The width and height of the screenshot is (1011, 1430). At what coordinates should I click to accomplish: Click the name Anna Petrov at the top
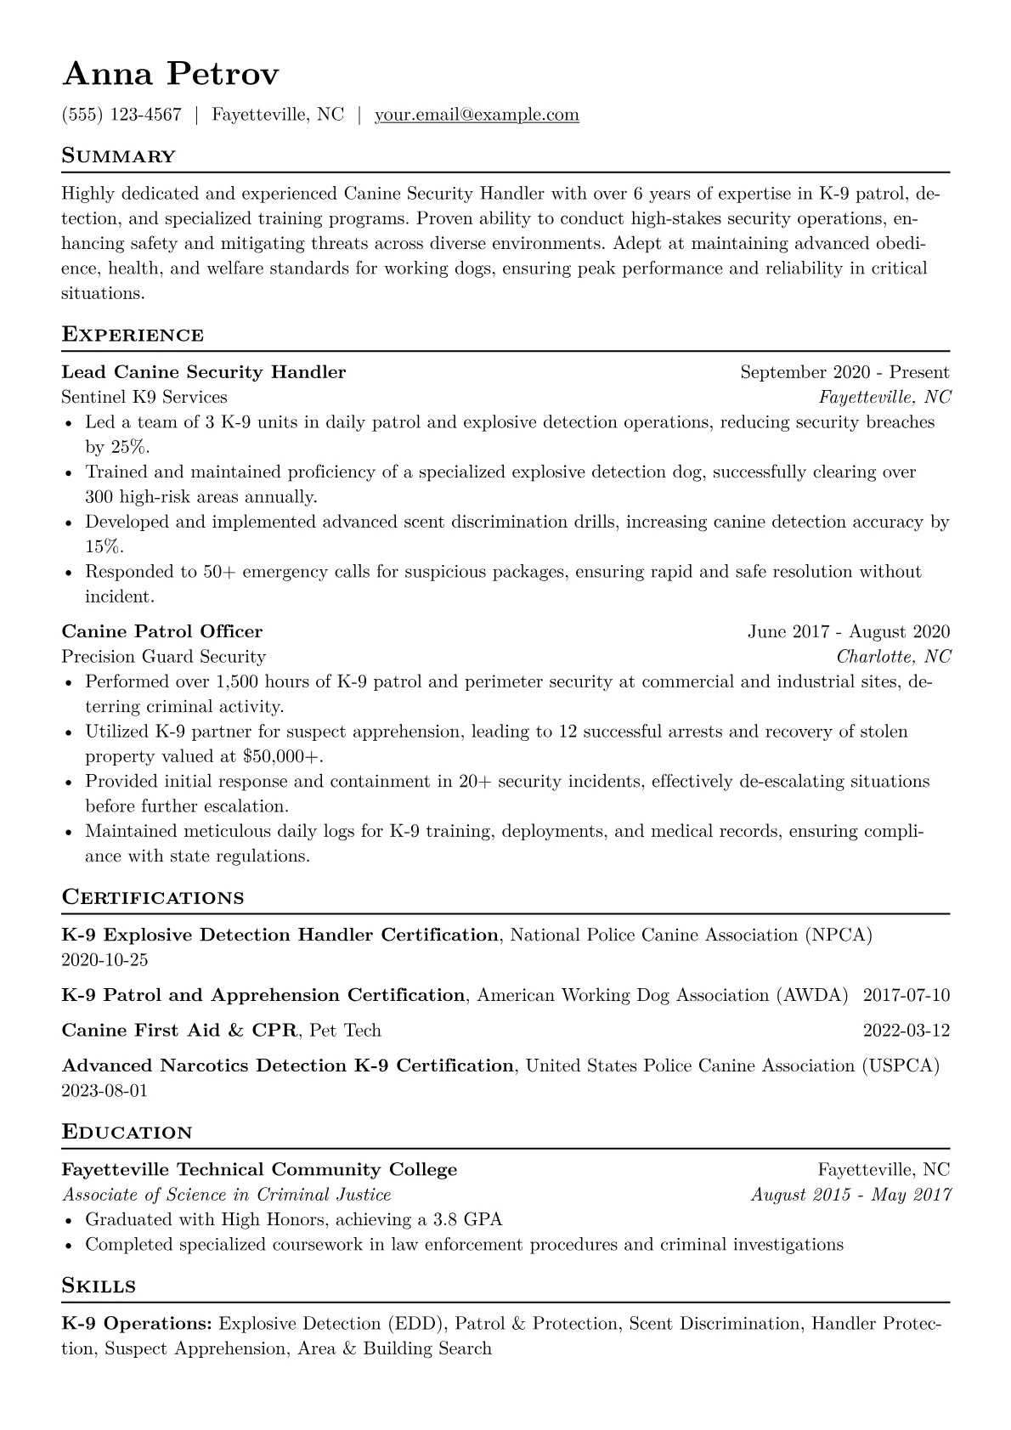click(x=170, y=75)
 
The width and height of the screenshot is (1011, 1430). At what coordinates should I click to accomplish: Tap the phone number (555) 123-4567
click(x=121, y=115)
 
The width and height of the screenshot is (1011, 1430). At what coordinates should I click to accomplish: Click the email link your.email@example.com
click(x=477, y=115)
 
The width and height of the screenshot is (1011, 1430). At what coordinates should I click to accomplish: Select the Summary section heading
click(x=118, y=156)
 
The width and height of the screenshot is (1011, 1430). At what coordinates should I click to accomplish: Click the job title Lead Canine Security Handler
click(x=204, y=372)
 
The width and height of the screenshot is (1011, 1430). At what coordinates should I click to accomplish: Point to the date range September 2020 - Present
click(x=844, y=372)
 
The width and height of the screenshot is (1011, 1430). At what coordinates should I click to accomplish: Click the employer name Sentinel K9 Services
click(x=144, y=397)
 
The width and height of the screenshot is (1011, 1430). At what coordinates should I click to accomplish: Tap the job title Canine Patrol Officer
click(x=162, y=631)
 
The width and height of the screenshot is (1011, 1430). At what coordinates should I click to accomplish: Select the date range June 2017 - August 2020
click(x=849, y=631)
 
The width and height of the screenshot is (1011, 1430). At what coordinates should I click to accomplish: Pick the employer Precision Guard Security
click(x=164, y=657)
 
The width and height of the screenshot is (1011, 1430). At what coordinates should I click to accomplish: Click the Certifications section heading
click(x=153, y=898)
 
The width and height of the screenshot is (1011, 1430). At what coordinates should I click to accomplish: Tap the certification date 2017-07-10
click(x=906, y=995)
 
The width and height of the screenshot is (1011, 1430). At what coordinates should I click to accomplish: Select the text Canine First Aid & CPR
click(x=179, y=1031)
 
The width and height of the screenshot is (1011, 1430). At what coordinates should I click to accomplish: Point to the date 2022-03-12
click(x=906, y=1031)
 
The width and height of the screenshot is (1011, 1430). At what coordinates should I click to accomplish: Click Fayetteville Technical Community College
click(x=259, y=1170)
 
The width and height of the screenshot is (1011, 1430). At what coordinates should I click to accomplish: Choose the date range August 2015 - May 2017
click(x=850, y=1195)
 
